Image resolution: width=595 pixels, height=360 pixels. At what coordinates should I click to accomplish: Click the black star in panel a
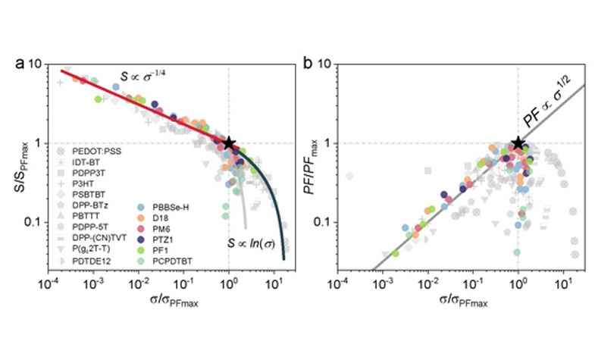click(229, 142)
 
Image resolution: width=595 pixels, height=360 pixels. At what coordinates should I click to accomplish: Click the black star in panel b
click(518, 142)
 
